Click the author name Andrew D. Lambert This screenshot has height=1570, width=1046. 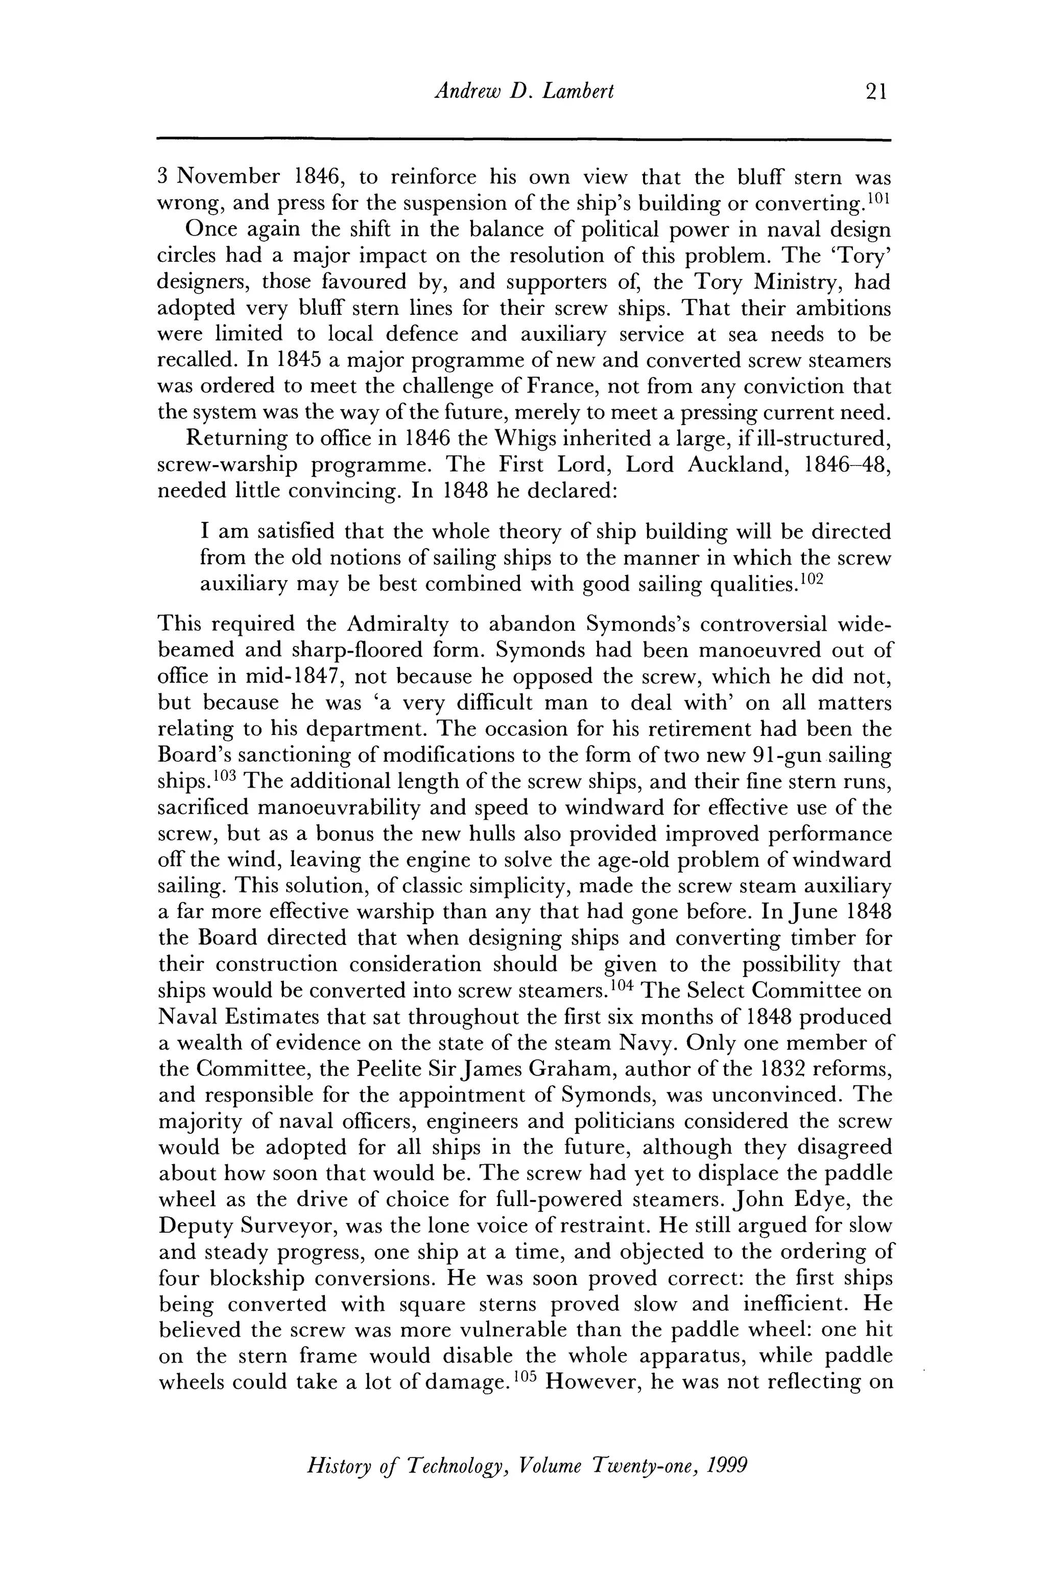[524, 91]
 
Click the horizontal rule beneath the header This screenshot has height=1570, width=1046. [524, 140]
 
